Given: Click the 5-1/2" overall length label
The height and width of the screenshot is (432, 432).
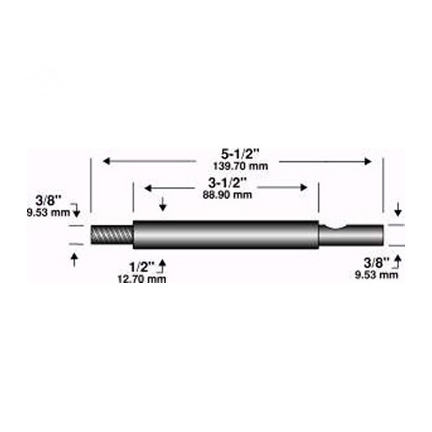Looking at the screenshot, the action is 240,154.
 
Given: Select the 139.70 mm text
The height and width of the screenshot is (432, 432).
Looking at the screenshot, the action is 240,166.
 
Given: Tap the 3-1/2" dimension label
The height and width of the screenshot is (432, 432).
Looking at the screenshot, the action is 227,183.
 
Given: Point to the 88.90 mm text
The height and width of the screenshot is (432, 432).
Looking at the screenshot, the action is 227,195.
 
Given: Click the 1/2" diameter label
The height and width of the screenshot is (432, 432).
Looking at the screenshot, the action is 142,267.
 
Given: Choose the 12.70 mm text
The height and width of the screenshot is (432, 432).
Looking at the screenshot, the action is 142,279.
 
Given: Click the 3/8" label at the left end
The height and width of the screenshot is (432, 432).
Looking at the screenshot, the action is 48,200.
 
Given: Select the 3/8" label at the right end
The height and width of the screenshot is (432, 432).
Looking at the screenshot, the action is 376,263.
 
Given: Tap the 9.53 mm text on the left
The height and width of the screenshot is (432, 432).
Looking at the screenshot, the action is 48,212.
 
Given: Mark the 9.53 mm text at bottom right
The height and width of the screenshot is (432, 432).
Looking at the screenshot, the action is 376,275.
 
